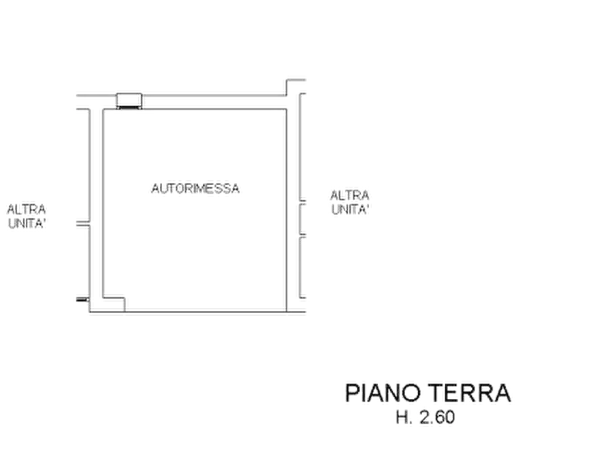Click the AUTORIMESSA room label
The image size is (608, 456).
click(195, 189)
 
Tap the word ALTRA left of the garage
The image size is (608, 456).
click(27, 210)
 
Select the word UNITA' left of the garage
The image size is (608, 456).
click(27, 224)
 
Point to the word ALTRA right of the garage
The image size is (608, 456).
click(350, 195)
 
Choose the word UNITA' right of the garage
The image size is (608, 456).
click(350, 210)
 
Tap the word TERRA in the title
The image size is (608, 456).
click(470, 393)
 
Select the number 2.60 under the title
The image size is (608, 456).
click(437, 418)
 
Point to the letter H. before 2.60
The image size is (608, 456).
click(404, 418)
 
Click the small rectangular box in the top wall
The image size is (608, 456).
click(129, 100)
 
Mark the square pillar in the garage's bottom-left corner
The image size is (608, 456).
click(114, 304)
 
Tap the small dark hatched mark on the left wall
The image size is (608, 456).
click(82, 299)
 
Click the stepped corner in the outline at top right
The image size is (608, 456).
click(287, 80)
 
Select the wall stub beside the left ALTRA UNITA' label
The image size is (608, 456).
click(83, 224)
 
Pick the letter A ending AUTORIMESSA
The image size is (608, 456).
click(235, 189)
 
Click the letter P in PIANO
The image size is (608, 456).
click(351, 393)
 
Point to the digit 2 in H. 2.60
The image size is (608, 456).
click(425, 418)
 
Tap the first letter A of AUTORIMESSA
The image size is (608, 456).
click(156, 189)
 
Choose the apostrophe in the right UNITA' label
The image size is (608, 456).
click(367, 206)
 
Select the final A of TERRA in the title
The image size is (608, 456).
click(502, 393)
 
